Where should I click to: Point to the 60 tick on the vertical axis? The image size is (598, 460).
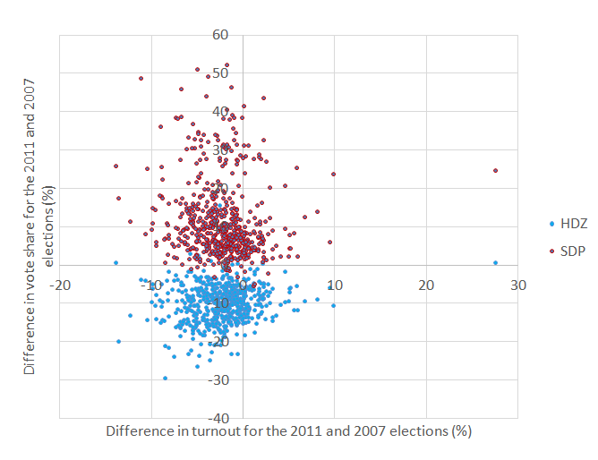220,35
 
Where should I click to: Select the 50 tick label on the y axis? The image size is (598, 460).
220,73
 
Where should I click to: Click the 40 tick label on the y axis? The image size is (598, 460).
220,112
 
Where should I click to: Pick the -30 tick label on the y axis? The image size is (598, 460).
218,379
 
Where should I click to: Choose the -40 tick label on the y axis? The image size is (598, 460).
218,418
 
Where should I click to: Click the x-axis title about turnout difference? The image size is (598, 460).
288,430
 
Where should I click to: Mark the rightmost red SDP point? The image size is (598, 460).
495,170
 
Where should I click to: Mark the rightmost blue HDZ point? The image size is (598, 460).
495,262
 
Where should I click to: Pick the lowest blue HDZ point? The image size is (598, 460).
165,378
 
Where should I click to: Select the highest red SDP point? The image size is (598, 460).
226,64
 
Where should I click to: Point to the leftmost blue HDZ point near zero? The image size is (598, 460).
115,262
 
